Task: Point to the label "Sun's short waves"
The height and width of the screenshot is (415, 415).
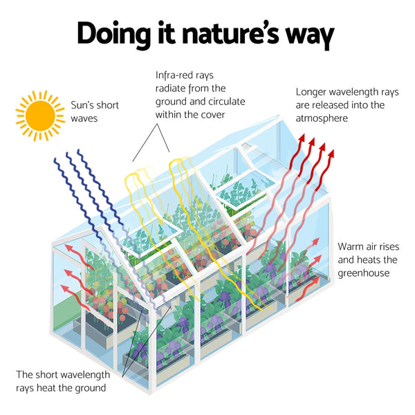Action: click(x=95, y=111)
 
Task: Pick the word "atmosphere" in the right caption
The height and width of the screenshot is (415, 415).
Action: click(x=322, y=118)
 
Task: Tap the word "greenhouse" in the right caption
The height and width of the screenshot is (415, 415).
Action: click(x=365, y=273)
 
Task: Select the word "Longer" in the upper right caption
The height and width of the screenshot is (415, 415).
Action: click(x=313, y=91)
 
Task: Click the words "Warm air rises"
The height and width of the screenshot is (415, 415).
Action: click(x=369, y=246)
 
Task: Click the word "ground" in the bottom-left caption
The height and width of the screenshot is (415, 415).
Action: click(x=91, y=387)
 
